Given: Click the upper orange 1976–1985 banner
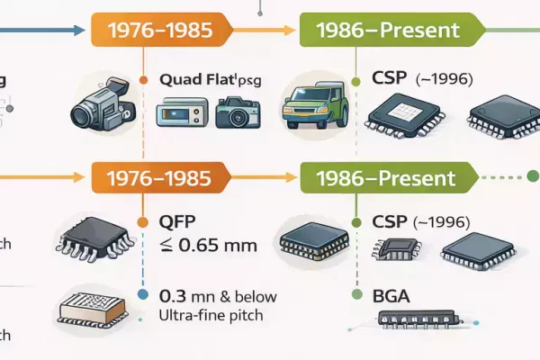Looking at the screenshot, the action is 160,30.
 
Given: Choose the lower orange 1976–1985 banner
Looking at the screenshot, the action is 160,177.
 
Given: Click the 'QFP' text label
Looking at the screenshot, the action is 178,222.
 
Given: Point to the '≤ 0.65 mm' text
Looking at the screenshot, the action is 209,245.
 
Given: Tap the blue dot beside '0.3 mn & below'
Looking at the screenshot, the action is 141,294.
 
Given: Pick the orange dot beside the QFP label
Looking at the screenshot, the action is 141,221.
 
